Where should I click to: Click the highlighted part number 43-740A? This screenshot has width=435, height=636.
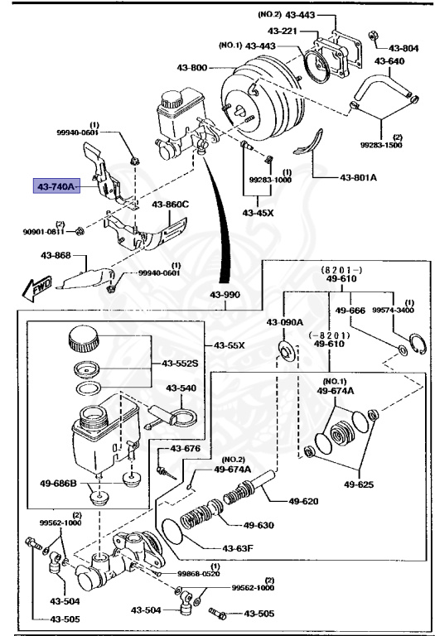coord(56,186)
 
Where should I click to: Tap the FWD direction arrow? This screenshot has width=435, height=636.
coord(37,288)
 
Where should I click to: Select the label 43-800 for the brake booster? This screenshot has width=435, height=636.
coord(192,67)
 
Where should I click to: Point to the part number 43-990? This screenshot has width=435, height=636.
coord(225,295)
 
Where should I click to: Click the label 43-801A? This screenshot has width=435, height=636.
coord(358,177)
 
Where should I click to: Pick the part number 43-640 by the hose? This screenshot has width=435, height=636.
coord(389,61)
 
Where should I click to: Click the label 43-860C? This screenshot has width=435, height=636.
coord(171,204)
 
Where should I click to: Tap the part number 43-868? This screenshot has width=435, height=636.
coord(56,256)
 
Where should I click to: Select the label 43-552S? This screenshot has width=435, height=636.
coord(180,364)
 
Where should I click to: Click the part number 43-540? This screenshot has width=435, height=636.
coord(181,388)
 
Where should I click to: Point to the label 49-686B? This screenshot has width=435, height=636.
coord(58,483)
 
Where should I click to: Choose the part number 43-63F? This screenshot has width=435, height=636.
coord(238,548)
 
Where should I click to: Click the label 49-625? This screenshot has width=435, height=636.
coord(359,484)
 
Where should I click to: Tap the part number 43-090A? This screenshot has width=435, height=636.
coord(285,322)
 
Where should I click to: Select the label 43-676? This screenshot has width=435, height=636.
coord(186,449)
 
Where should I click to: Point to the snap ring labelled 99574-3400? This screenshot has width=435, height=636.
coord(418,344)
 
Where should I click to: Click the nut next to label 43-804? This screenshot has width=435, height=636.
coord(374,36)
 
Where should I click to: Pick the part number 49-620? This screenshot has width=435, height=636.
coord(303,501)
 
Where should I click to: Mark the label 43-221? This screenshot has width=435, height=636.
coord(283,31)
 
